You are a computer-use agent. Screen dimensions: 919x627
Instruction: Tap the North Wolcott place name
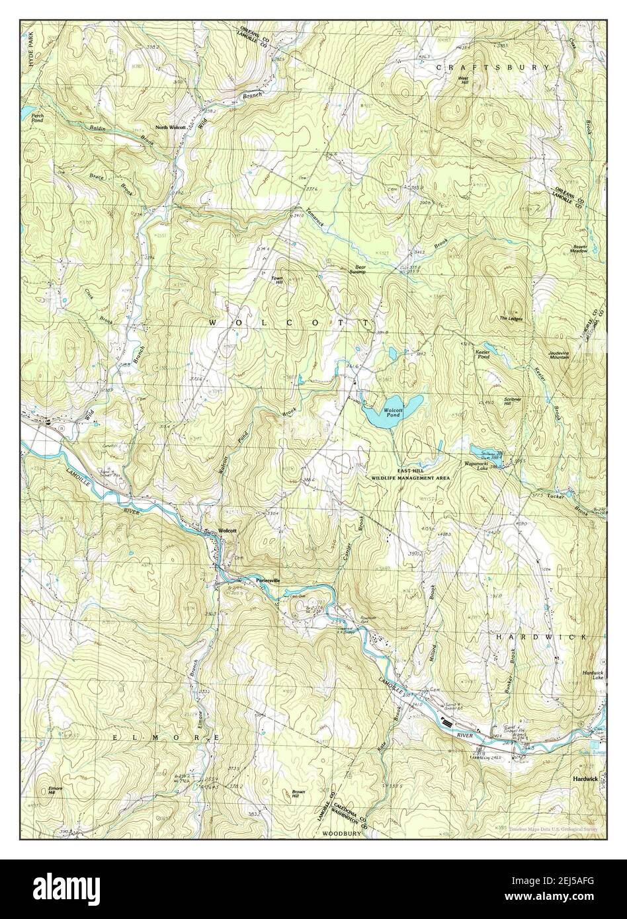click(x=171, y=127)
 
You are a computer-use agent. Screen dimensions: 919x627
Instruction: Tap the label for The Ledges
click(x=510, y=319)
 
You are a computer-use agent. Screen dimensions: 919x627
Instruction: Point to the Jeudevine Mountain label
click(x=562, y=355)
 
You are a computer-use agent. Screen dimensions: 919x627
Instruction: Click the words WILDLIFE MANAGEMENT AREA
click(x=410, y=477)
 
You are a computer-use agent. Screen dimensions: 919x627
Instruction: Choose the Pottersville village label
click(x=268, y=580)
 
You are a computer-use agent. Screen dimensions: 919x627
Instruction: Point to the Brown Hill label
click(x=300, y=793)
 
